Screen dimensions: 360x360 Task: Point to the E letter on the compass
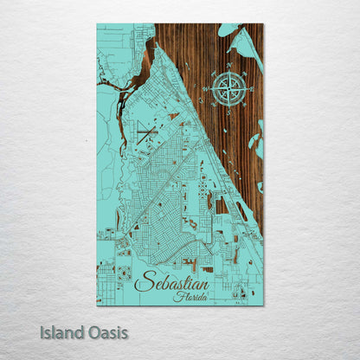pyautogui.click(x=253, y=88)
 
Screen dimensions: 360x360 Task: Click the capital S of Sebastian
pyautogui.click(x=143, y=281)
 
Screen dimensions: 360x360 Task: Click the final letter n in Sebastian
pyautogui.click(x=204, y=284)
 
